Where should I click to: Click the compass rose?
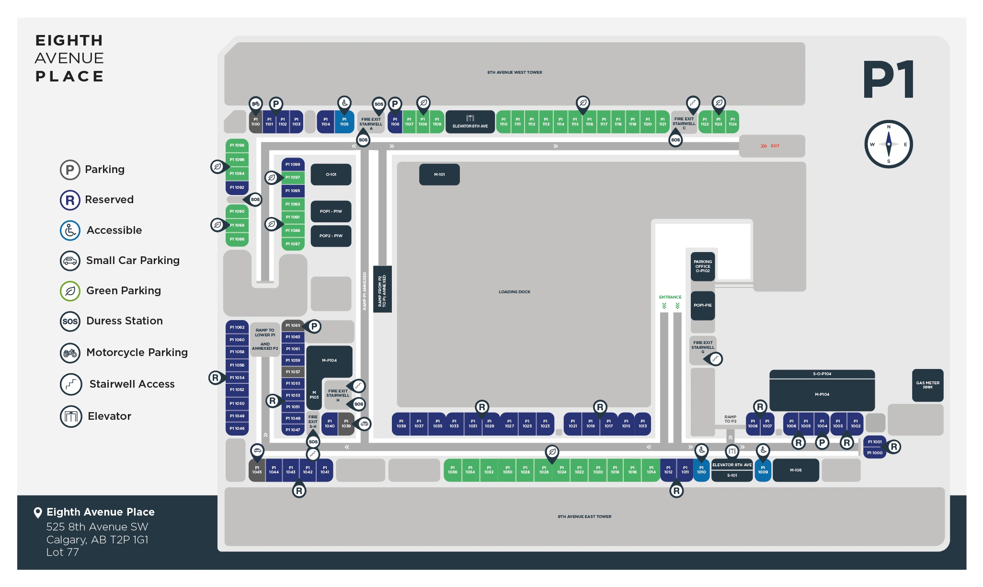coord(888,144)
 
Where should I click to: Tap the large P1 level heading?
coord(889,80)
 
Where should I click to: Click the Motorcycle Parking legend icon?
coord(70,353)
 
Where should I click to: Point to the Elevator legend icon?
coord(71,416)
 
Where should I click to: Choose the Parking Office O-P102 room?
coord(702,266)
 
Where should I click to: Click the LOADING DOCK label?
coord(514,292)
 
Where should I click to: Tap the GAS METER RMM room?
coord(927,385)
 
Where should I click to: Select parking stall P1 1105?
coord(344,122)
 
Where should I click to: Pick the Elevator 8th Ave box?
coord(470,122)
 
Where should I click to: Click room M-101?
coord(439,174)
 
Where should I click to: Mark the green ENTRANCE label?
coord(670,297)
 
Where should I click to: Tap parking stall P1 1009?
coord(763,470)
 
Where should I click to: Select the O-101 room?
coord(331,174)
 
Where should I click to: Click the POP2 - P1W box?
coord(331,236)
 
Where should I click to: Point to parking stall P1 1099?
coord(293,164)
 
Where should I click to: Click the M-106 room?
coord(796,470)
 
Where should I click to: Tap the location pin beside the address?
coord(38,513)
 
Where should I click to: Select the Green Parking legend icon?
coord(70,291)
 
